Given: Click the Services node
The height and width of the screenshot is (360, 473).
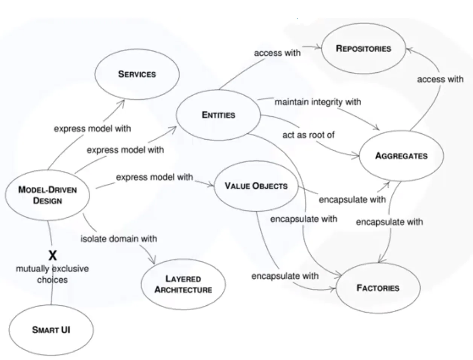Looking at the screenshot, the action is point(137,74).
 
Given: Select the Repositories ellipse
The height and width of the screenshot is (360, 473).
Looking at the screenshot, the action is point(363,49).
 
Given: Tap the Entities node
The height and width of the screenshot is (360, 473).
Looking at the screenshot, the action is point(218,115).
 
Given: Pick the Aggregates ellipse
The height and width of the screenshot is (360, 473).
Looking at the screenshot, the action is point(402,156).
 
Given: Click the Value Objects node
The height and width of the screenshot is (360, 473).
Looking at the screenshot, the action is point(256,186).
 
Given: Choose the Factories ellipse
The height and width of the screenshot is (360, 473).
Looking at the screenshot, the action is point(378,288).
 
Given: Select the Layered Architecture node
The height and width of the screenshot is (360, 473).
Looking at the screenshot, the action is point(183,284).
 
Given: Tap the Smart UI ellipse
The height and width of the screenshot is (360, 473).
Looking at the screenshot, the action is point(51,330).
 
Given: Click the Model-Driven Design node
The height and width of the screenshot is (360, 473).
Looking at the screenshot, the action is point(47,195).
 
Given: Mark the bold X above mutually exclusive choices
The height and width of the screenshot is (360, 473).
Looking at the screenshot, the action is point(53,256).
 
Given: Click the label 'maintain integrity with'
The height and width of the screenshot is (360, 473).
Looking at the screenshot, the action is point(318,102).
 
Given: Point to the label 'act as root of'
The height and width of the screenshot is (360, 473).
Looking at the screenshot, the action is point(308,135).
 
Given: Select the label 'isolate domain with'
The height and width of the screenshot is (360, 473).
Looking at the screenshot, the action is point(119,239).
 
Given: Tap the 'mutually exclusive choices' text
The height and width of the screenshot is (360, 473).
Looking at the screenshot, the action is point(52,274).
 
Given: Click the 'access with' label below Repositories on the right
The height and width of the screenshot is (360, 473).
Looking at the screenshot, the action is point(440,79).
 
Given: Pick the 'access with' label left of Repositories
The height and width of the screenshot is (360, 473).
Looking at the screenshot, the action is point(277,53).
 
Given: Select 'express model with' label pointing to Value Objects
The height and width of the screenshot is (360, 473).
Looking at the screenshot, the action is point(154,177).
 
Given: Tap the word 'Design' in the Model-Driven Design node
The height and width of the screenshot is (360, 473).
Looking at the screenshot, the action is point(47,201).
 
